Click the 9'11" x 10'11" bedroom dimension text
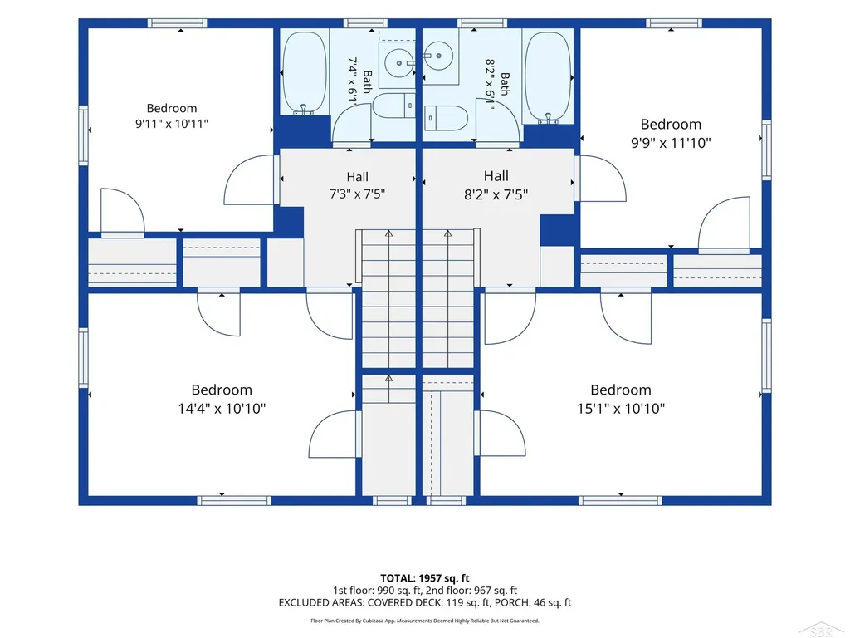[171, 124]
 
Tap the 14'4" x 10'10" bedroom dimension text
[222, 409]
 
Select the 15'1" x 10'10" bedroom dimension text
[621, 409]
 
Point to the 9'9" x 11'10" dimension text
[671, 143]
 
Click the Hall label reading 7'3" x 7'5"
[357, 194]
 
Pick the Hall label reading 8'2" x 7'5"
[496, 194]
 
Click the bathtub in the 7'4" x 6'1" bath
[305, 73]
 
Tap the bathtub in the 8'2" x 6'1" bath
[549, 78]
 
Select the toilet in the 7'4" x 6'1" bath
[393, 106]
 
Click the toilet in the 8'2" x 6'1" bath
[446, 118]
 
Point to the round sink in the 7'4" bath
[399, 63]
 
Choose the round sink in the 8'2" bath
[437, 56]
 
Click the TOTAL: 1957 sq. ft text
[424, 578]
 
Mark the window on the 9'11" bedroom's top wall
[178, 23]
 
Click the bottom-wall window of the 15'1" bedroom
[621, 500]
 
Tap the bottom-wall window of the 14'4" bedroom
[233, 500]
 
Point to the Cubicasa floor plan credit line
[425, 621]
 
